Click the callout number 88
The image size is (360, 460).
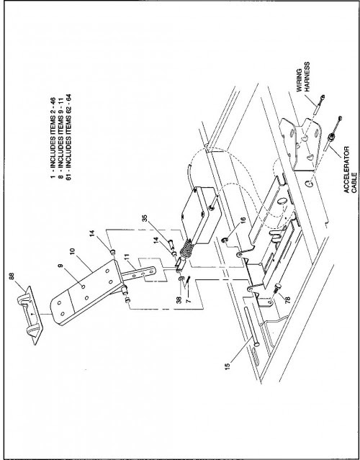pyautogui.click(x=12, y=276)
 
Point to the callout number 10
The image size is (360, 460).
pyautogui.click(x=73, y=252)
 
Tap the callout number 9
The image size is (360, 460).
pyautogui.click(x=60, y=266)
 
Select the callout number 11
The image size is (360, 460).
pyautogui.click(x=127, y=258)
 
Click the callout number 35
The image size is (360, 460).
pyautogui.click(x=145, y=219)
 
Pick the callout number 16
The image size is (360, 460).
pyautogui.click(x=243, y=220)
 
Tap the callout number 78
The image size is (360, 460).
pyautogui.click(x=287, y=299)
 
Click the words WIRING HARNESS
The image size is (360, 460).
pyautogui.click(x=303, y=77)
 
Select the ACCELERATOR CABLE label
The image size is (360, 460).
pyautogui.click(x=351, y=170)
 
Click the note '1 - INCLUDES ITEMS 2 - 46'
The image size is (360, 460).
pyautogui.click(x=53, y=137)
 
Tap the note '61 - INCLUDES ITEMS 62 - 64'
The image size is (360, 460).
pyautogui.click(x=68, y=137)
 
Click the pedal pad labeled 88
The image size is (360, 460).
pyautogui.click(x=30, y=315)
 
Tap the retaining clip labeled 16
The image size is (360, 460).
pyautogui.click(x=225, y=241)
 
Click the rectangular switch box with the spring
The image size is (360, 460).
pyautogui.click(x=202, y=215)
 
